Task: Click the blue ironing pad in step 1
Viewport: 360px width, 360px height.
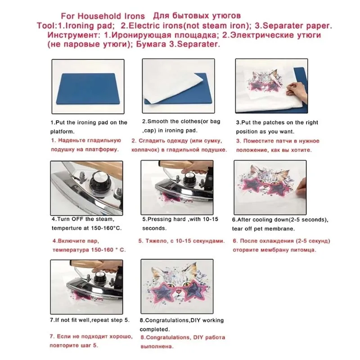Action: tap(88, 89)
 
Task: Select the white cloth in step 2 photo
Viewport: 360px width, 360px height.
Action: tap(173, 87)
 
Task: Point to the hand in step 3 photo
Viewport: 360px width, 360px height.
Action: tap(297, 91)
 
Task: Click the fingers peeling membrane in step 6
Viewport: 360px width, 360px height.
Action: tap(301, 186)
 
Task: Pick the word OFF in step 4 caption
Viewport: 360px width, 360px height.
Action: tap(77, 219)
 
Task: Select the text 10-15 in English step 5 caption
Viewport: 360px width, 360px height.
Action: tap(211, 219)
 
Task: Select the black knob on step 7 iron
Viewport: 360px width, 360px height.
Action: tap(100, 274)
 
